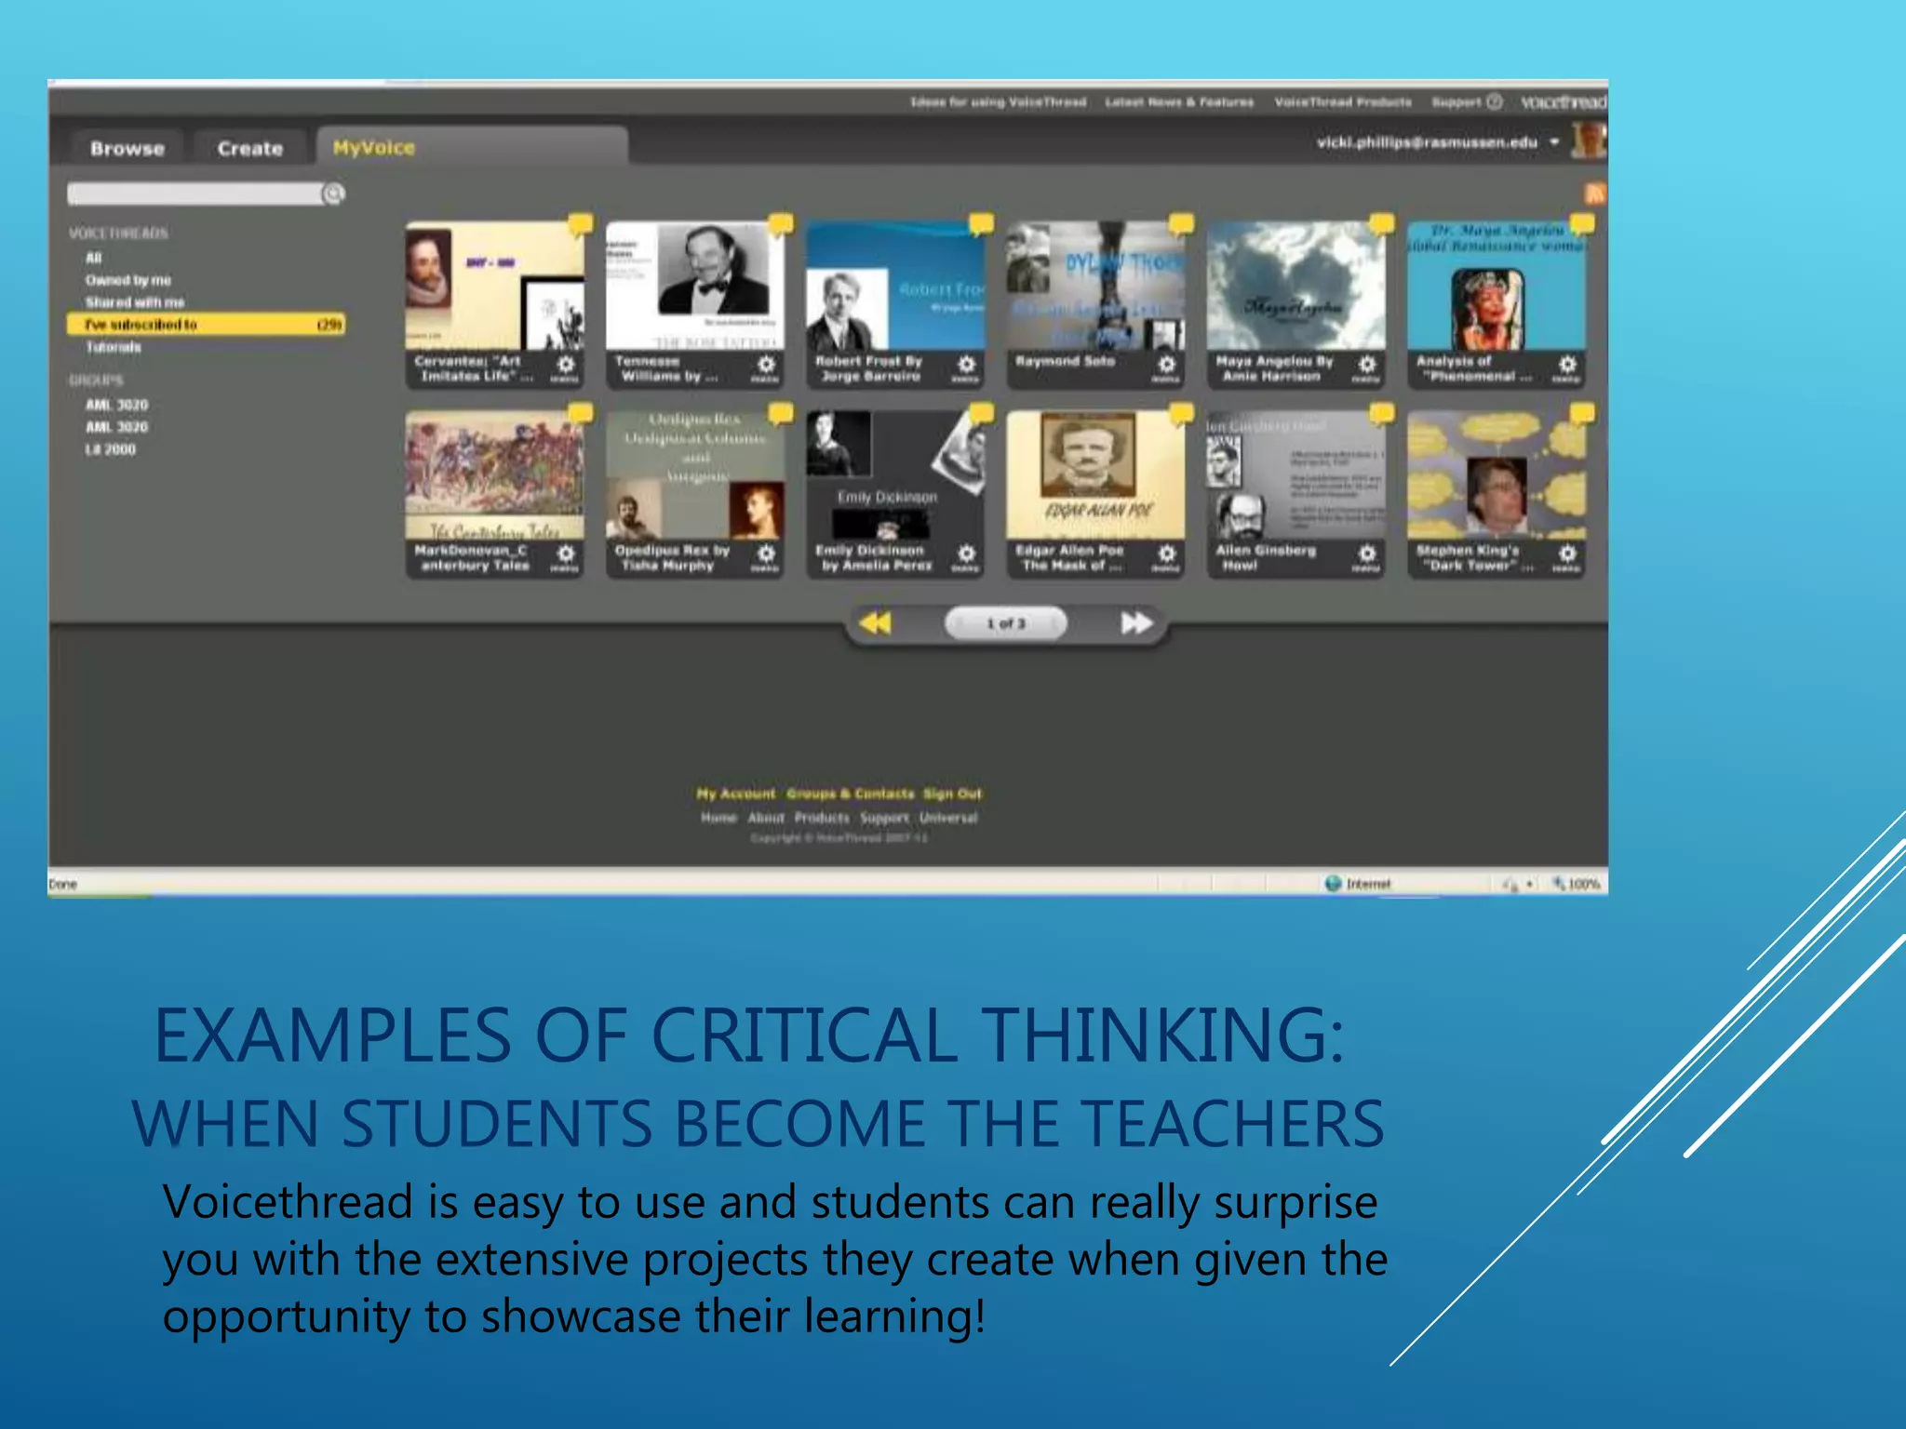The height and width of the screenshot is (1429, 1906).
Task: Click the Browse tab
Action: click(128, 149)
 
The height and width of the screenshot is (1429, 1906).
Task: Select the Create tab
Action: click(249, 149)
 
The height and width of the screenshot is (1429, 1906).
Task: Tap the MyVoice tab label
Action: click(374, 148)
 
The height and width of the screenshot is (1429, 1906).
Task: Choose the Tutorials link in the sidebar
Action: click(114, 347)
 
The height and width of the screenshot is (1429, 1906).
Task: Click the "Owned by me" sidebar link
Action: click(128, 280)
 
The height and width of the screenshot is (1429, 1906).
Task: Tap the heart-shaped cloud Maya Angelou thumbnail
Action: click(1295, 285)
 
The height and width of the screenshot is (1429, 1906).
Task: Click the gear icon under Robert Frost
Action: click(966, 365)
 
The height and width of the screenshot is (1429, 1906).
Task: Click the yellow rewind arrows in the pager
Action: click(875, 622)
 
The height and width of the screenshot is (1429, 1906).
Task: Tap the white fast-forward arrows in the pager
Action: click(1136, 622)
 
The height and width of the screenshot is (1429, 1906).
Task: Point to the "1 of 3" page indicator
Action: click(1005, 623)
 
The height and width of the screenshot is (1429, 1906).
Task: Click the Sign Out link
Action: click(952, 794)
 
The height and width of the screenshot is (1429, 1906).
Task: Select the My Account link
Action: click(735, 794)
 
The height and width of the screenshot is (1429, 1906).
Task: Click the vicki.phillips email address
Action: click(1427, 142)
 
